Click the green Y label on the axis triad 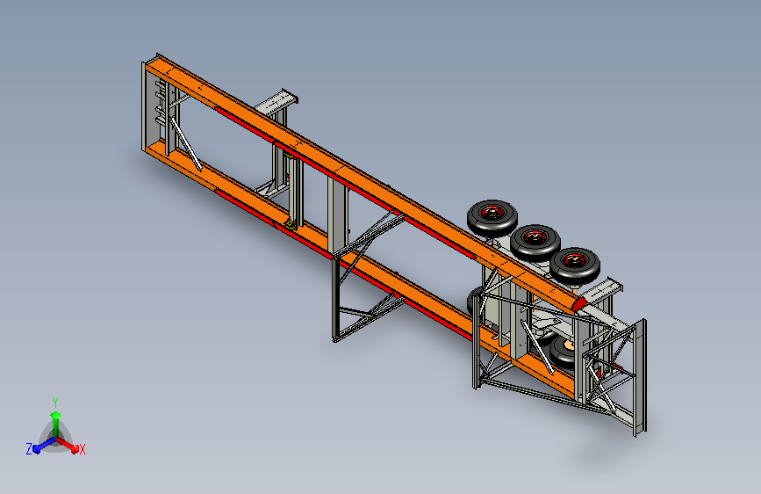click(x=55, y=402)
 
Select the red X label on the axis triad click(x=82, y=450)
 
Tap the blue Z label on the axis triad click(x=29, y=449)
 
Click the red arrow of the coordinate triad click(x=67, y=445)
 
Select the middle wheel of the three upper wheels click(x=535, y=242)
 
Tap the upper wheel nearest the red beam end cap click(x=575, y=265)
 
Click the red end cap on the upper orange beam click(x=579, y=305)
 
